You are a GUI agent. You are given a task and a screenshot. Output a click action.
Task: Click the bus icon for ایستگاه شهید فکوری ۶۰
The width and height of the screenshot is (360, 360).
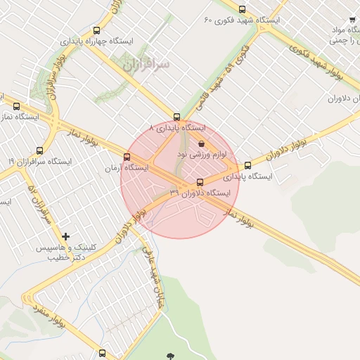(x=243, y=9)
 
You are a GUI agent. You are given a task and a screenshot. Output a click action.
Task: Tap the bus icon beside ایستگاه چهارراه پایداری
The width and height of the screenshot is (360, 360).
(x=96, y=30)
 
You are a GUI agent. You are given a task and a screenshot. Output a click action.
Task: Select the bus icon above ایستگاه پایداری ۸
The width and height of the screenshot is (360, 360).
(x=176, y=117)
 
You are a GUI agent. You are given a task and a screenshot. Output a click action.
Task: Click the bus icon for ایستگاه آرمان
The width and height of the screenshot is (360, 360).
(x=127, y=157)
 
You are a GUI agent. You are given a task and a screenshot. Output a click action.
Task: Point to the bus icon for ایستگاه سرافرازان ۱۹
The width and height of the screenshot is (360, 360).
(x=39, y=150)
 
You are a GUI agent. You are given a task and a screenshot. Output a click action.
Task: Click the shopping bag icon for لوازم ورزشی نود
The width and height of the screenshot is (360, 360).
(x=202, y=143)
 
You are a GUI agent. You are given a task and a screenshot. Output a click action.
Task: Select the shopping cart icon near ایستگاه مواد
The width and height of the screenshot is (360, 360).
(x=352, y=20)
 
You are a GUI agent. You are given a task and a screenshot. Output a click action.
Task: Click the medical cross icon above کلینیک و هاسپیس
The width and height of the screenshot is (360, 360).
(x=66, y=236)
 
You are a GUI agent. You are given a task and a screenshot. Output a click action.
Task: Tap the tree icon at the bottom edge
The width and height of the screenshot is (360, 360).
(x=168, y=355)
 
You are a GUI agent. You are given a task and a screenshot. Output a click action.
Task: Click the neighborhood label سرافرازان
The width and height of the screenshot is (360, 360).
(x=146, y=65)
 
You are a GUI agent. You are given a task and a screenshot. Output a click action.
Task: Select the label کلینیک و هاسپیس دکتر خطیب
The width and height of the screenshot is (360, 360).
(x=63, y=253)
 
